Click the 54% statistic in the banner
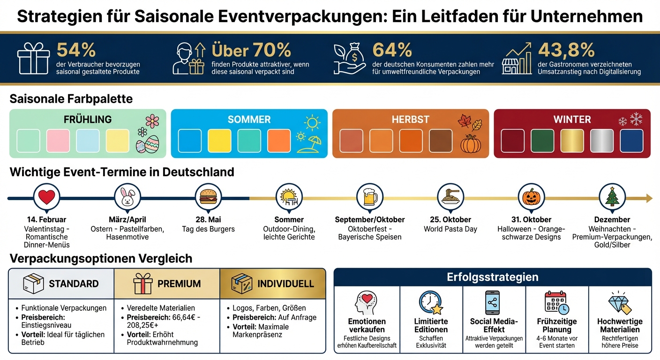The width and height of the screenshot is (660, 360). [76, 49]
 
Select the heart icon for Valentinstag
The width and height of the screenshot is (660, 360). [47, 197]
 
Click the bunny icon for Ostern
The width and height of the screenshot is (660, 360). [127, 197]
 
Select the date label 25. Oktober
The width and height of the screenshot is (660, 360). [450, 219]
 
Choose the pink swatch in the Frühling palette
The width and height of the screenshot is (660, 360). [58, 141]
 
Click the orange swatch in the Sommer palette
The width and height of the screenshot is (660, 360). [279, 141]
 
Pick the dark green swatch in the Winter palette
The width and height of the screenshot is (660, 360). [542, 141]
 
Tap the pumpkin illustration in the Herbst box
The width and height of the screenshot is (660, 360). [471, 143]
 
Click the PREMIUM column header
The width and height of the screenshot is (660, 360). [179, 284]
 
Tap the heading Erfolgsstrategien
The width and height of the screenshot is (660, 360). [492, 277]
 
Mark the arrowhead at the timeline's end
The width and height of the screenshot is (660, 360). [649, 198]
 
